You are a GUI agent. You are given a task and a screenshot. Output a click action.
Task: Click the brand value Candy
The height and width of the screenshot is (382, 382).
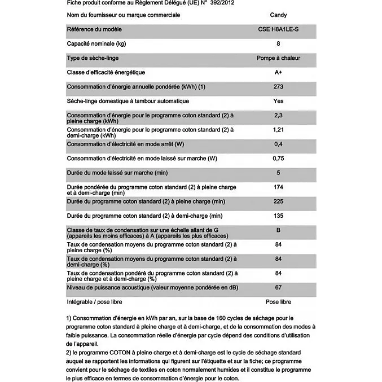pyautogui.click(x=278, y=15)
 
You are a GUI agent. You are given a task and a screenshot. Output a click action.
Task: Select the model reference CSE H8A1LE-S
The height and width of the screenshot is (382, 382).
pyautogui.click(x=278, y=29)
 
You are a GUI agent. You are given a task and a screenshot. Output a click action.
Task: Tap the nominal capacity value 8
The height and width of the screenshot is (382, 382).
pyautogui.click(x=278, y=44)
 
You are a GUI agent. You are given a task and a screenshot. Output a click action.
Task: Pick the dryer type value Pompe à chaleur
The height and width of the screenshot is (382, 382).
pyautogui.click(x=278, y=58)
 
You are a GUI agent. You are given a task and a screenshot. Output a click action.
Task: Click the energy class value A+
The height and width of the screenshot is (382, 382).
pyautogui.click(x=278, y=72)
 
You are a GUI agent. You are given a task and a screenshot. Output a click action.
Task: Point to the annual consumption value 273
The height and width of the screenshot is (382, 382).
pyautogui.click(x=278, y=87)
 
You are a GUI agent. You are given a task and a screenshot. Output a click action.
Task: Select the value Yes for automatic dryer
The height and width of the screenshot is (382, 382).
pyautogui.click(x=278, y=101)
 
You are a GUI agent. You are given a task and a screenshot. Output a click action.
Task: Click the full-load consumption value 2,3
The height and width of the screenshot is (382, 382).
pyautogui.click(x=278, y=116)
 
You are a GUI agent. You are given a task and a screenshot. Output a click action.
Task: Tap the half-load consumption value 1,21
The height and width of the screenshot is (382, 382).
pyautogui.click(x=278, y=130)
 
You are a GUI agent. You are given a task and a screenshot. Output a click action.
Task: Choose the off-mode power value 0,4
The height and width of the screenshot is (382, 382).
pyautogui.click(x=278, y=144)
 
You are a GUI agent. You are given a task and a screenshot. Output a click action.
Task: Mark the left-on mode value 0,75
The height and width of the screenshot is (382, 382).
pyautogui.click(x=278, y=159)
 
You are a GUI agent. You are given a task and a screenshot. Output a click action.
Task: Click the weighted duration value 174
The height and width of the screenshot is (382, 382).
pyautogui.click(x=278, y=187)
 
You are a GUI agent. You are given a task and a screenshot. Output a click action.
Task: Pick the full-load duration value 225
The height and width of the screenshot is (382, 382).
pyautogui.click(x=278, y=201)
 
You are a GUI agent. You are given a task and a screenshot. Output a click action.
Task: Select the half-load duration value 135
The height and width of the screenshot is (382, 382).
pyautogui.click(x=278, y=216)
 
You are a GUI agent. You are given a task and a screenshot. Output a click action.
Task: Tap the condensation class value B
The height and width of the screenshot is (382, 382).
pyautogui.click(x=278, y=230)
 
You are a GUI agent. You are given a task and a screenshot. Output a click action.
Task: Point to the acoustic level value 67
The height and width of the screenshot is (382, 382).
pyautogui.click(x=278, y=288)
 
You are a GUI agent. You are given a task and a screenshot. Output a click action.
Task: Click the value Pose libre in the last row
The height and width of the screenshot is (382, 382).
pyautogui.click(x=278, y=302)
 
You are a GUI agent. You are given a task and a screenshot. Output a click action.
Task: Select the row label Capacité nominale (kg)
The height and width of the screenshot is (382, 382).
pyautogui.click(x=96, y=44)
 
